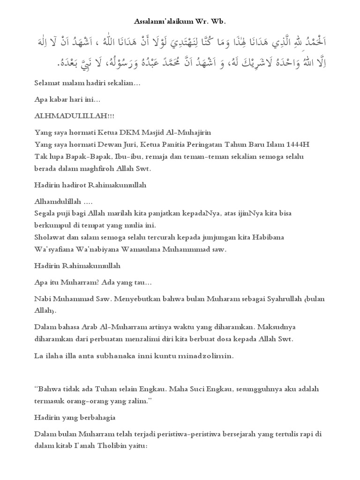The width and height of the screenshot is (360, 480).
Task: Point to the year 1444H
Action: coord(299,144)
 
